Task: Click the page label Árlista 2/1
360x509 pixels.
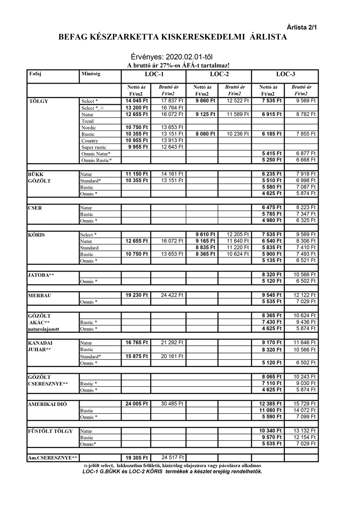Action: [x=302, y=27]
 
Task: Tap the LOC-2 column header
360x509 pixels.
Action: [x=219, y=74]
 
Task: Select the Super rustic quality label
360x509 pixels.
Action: [x=94, y=147]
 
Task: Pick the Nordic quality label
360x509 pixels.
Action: [x=89, y=128]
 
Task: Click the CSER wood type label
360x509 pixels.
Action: [x=35, y=208]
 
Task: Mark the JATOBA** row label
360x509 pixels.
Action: [x=41, y=274]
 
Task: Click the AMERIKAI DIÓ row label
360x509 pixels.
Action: [x=47, y=404]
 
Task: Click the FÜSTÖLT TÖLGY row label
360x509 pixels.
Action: [x=50, y=431]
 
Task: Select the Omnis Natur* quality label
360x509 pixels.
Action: [x=96, y=154]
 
